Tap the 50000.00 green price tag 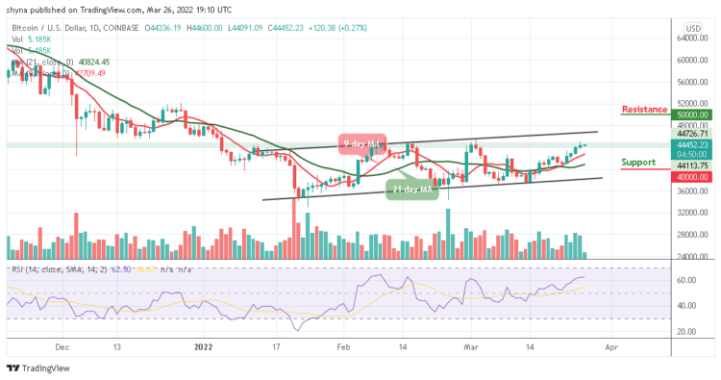tap(690, 114)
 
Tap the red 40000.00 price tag tap(690, 176)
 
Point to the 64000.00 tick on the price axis tap(691, 38)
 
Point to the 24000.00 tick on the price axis tap(691, 256)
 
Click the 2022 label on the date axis tap(202, 347)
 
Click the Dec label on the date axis tap(62, 347)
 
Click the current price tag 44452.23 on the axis tap(690, 144)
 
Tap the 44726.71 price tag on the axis tap(690, 134)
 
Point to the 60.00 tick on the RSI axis tap(686, 281)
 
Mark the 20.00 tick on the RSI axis tap(686, 331)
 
